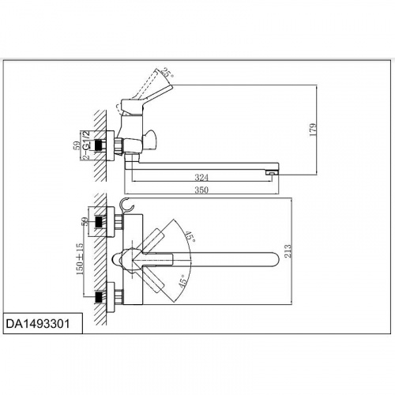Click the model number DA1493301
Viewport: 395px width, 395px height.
38,324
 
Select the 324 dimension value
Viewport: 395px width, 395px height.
201,178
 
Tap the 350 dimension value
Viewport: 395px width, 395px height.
201,190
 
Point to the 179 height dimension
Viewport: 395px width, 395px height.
313,130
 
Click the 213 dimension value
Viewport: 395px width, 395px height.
288,250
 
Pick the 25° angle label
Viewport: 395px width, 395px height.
167,73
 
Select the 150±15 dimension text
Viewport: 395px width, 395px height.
80,259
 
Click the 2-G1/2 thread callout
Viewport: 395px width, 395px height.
86,145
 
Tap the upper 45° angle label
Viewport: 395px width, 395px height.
190,237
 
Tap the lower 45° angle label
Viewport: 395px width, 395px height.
184,280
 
